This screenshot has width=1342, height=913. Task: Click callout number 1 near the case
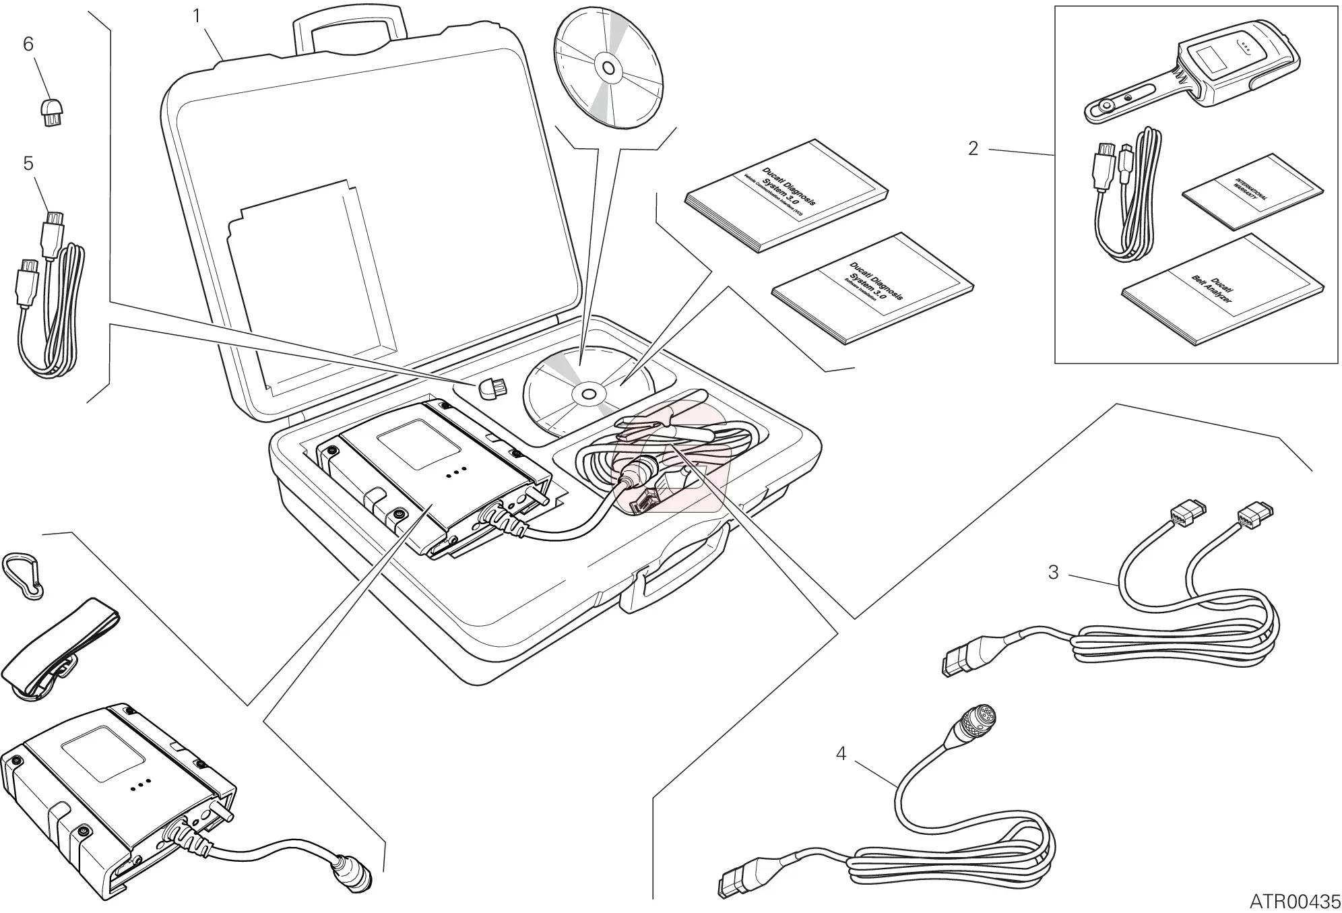(197, 16)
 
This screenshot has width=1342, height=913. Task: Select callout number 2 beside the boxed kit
(972, 148)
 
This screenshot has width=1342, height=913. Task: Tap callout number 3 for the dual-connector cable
(1054, 572)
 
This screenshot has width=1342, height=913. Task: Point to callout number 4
(841, 753)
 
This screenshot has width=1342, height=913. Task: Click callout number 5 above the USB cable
(28, 164)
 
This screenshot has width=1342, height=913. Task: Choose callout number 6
(28, 44)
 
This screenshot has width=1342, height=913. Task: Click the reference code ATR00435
(1294, 901)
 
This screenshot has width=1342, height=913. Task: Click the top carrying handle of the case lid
(350, 30)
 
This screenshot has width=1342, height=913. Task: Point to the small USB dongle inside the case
(492, 388)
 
